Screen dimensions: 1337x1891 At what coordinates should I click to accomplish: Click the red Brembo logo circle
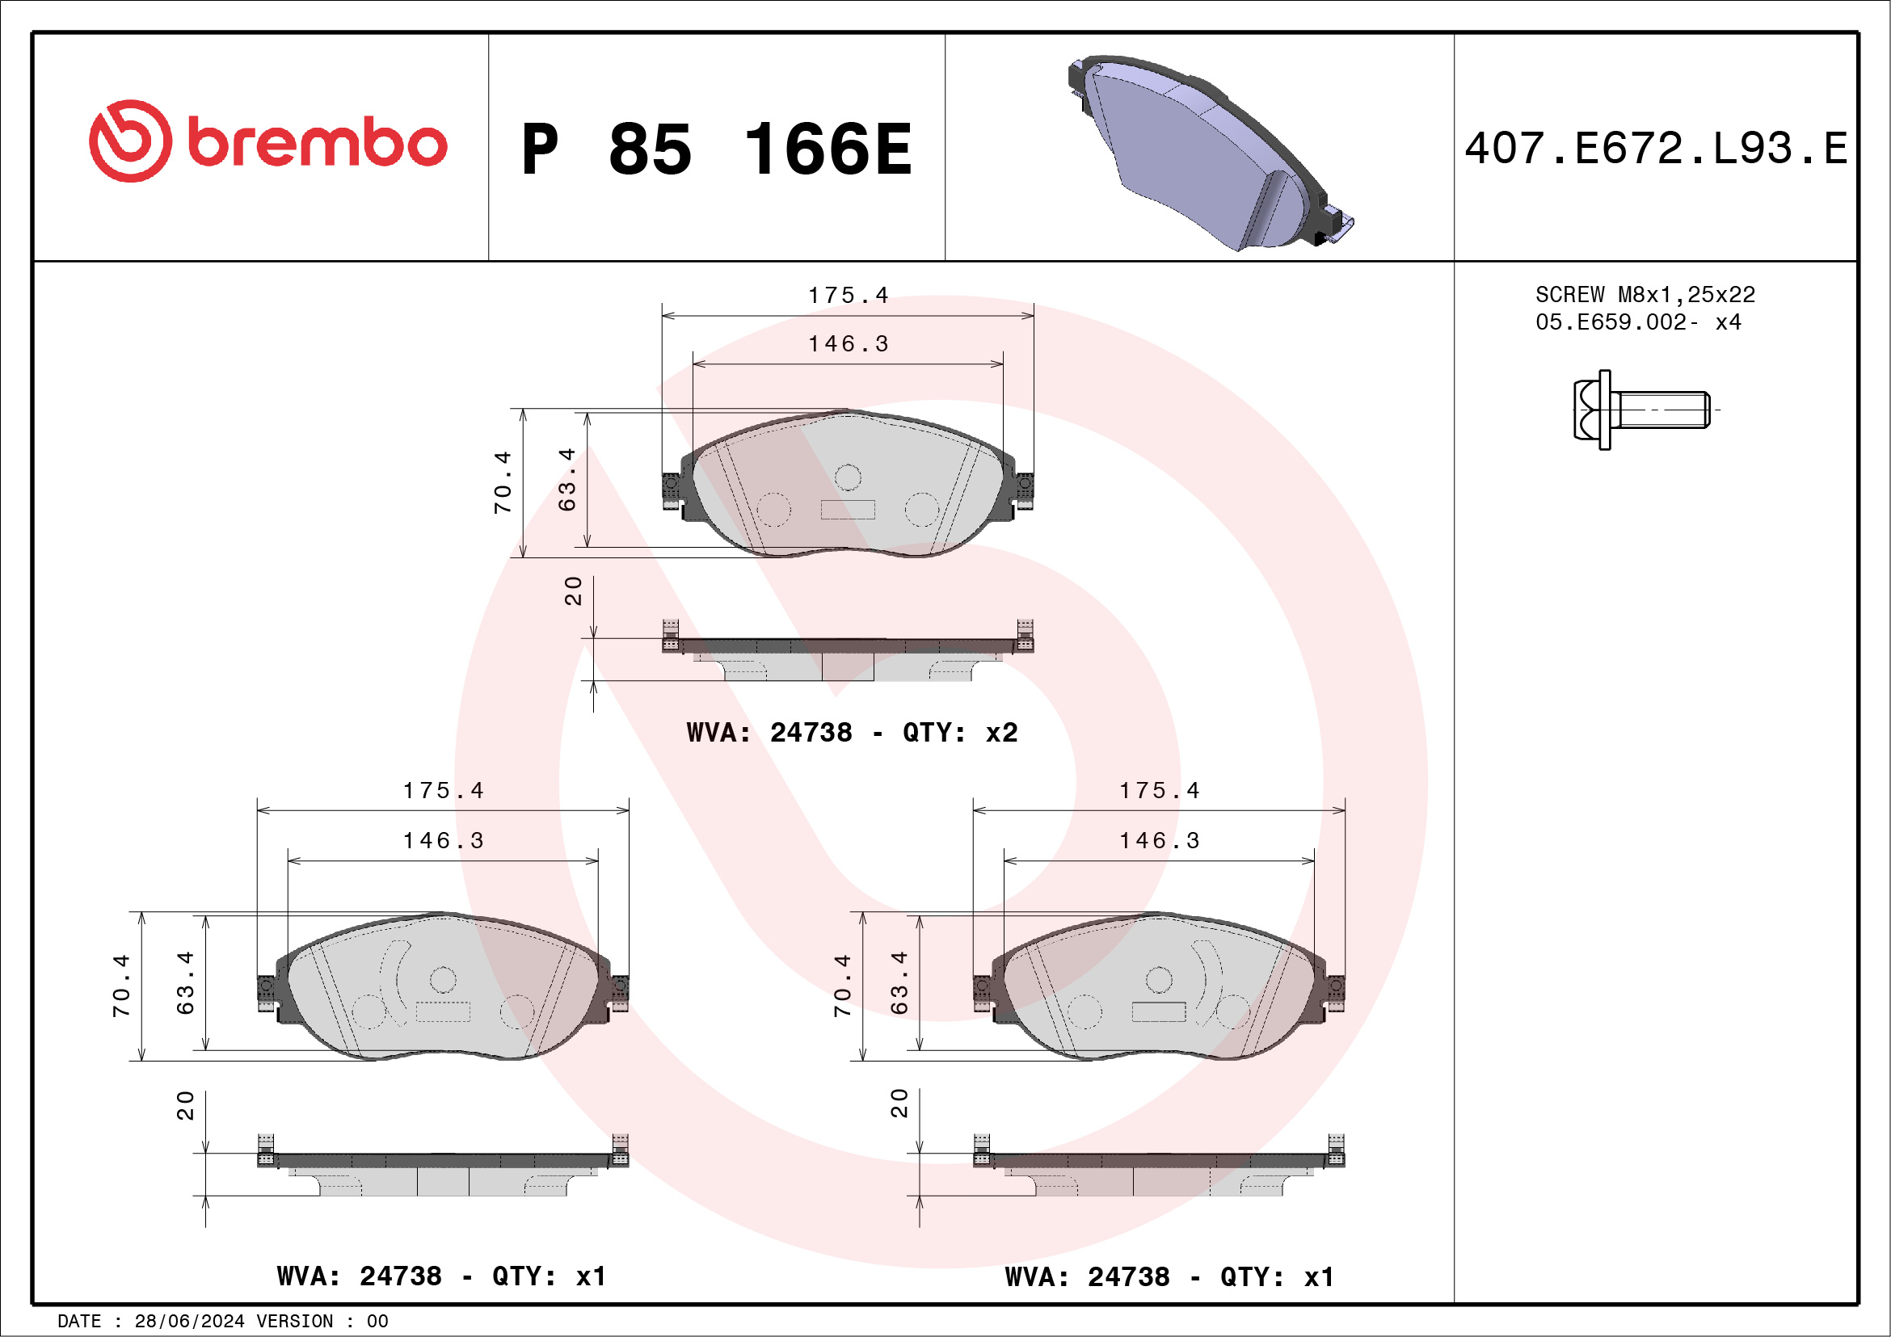131,141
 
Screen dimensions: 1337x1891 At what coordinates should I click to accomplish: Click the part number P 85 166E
717,149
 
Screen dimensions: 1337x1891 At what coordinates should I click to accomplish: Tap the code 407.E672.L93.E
1656,149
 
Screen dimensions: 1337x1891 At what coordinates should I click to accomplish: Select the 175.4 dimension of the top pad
848,295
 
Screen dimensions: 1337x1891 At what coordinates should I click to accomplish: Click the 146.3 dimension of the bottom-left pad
443,840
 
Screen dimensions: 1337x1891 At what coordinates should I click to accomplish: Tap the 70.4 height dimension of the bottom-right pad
842,986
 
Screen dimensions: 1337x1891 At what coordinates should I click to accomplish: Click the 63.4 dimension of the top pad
566,480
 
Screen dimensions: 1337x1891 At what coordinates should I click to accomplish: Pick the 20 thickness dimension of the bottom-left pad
185,1106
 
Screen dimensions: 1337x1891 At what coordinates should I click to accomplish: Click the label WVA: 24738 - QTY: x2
852,732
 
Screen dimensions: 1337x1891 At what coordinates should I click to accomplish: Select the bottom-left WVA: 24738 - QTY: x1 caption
441,1276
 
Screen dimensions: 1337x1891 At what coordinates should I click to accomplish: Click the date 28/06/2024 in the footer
188,1322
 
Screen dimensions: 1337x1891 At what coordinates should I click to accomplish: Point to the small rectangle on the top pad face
848,510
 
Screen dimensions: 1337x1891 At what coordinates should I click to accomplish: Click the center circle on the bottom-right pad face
1159,980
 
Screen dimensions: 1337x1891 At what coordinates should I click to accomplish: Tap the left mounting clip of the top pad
672,490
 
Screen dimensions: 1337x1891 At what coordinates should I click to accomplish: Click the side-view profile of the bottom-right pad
1159,1172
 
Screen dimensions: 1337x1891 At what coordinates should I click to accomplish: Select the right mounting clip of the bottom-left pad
619,991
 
